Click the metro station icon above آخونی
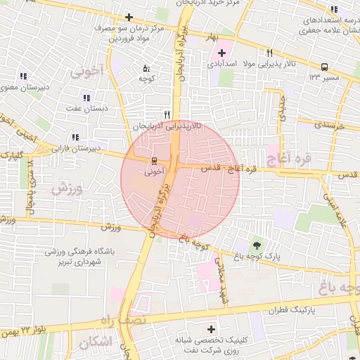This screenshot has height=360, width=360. click(155, 160)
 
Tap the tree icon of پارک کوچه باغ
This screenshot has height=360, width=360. click(255, 245)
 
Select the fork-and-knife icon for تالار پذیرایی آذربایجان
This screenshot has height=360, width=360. click(167, 115)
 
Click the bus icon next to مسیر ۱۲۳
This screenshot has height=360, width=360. click(324, 67)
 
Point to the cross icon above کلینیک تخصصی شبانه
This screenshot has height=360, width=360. click(210, 329)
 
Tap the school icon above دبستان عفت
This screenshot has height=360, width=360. click(87, 98)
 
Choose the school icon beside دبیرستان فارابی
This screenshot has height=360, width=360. click(75, 137)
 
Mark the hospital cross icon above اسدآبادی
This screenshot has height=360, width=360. click(221, 53)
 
